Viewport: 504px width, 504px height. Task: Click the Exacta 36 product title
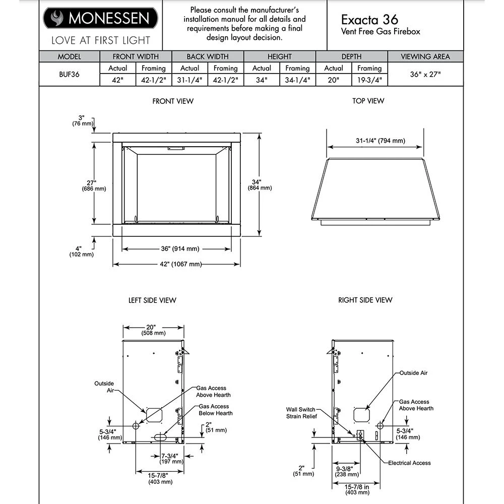coord(369,19)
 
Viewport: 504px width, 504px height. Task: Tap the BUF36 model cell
coord(69,74)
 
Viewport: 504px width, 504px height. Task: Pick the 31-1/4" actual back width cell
coord(190,80)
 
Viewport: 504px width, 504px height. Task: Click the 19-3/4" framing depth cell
coord(369,80)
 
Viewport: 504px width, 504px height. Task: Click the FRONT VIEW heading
coord(173,101)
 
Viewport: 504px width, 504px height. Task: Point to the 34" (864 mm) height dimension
coord(260,184)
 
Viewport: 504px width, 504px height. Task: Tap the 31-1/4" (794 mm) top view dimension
coord(376,141)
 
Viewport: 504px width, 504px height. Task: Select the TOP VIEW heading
coord(368,101)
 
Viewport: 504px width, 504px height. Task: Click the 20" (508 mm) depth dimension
coord(153,330)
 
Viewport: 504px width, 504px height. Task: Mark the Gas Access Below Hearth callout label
coord(216,410)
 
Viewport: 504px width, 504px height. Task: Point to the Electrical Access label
coord(409,463)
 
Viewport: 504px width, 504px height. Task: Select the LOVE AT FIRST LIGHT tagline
coord(100,40)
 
